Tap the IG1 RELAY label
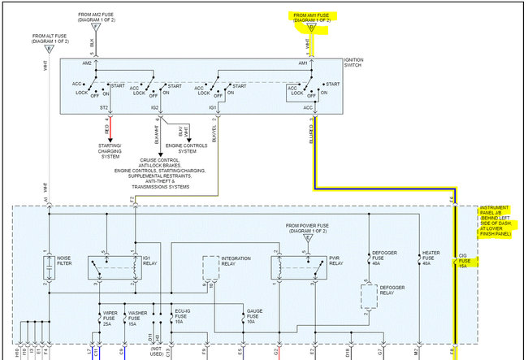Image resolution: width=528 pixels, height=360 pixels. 151,262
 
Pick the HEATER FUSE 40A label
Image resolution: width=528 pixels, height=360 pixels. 431,258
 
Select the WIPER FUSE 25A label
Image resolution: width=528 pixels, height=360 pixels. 110,317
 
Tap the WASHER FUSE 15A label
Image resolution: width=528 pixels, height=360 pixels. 137,317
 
